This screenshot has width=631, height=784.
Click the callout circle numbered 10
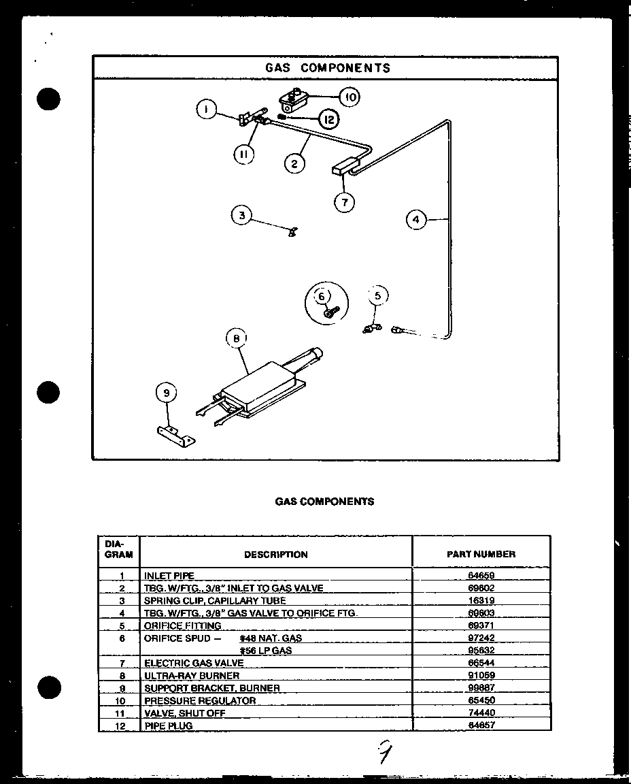tap(349, 97)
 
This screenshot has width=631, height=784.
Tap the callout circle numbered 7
tap(344, 202)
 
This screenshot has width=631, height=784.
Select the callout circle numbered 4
tap(416, 219)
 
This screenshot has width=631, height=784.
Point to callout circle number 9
tap(166, 393)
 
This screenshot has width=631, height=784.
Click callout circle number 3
tap(241, 216)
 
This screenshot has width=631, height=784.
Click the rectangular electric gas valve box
tap(345, 167)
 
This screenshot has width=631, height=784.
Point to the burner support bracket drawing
tap(175, 435)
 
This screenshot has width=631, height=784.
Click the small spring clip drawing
tap(292, 232)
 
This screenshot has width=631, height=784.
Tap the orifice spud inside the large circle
tap(329, 312)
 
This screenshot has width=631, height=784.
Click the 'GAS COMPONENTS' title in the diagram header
tap(328, 68)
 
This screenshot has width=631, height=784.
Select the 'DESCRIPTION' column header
tap(275, 555)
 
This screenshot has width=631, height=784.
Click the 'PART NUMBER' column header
tap(481, 554)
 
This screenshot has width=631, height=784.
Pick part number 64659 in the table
tap(481, 576)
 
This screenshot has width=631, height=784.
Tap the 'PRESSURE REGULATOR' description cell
tap(200, 700)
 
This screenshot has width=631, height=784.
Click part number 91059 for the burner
tap(481, 676)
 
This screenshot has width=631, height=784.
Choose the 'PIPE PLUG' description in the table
tap(168, 725)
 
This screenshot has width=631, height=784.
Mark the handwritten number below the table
tap(384, 753)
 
